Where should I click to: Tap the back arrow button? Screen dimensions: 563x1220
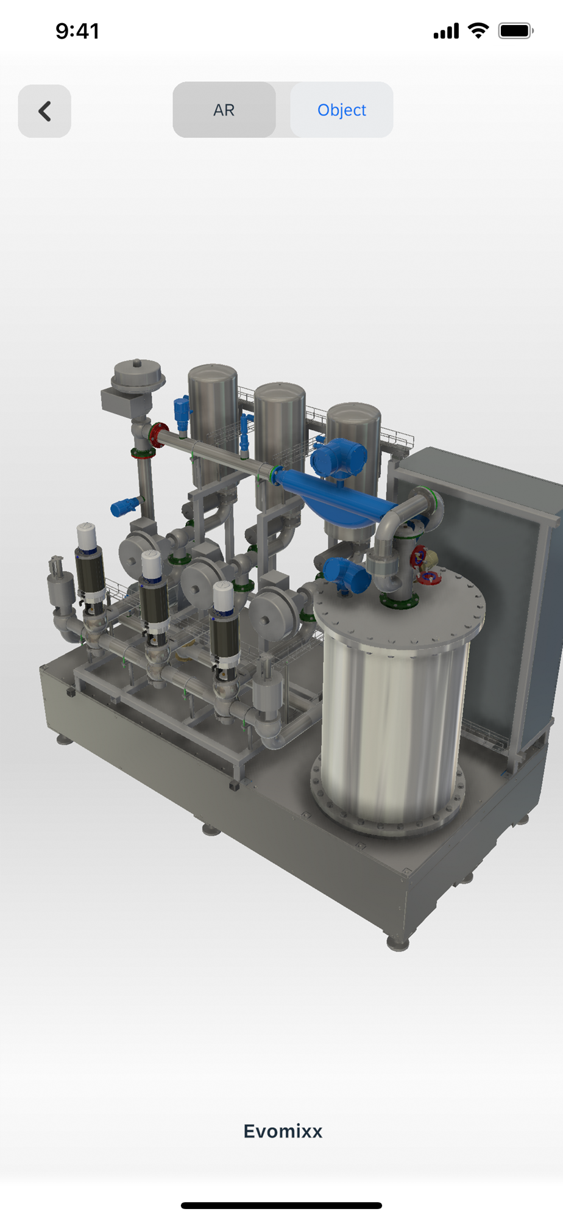click(x=44, y=111)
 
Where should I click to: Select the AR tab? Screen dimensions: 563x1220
click(x=224, y=110)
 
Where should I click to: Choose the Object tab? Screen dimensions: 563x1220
click(x=342, y=110)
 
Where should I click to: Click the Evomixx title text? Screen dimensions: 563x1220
click(x=283, y=1131)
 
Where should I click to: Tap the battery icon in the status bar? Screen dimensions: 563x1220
click(x=515, y=30)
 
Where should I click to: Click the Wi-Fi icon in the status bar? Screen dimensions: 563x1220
click(x=478, y=30)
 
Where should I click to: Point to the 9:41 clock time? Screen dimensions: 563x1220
click(x=77, y=31)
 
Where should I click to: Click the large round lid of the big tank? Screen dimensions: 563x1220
click(x=399, y=604)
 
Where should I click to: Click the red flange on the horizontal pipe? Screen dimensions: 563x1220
click(x=158, y=435)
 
